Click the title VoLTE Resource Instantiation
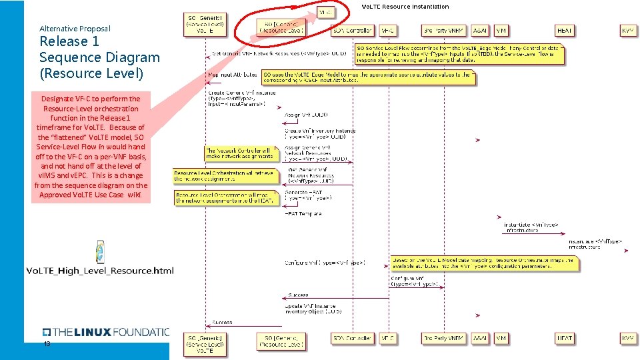pyautogui.click(x=405, y=7)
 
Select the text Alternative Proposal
pyautogui.click(x=75, y=29)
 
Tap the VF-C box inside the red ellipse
pyautogui.click(x=325, y=13)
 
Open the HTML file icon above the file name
pyautogui.click(x=99, y=251)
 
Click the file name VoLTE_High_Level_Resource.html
pyautogui.click(x=99, y=271)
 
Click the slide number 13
pyautogui.click(x=47, y=344)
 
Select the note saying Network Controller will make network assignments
pyautogui.click(x=239, y=153)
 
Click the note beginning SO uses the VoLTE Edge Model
pyautogui.click(x=368, y=77)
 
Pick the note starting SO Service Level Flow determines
pyautogui.click(x=460, y=54)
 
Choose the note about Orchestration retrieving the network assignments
pyautogui.click(x=223, y=175)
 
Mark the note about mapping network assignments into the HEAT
pyautogui.click(x=225, y=197)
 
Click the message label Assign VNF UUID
pyautogui.click(x=306, y=115)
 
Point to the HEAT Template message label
pyautogui.click(x=303, y=214)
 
